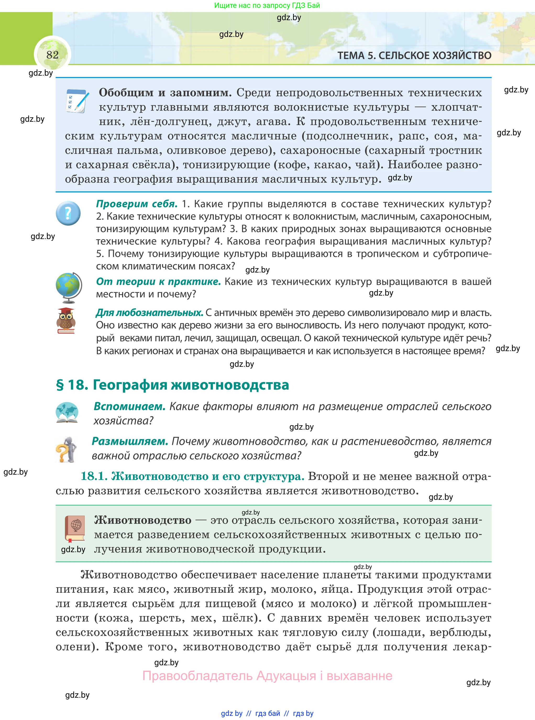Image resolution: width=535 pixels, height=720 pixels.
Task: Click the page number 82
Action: pyautogui.click(x=52, y=55)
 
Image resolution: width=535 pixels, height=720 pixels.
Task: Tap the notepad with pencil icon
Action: pyautogui.click(x=77, y=101)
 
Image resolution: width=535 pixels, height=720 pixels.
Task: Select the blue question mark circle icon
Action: pyautogui.click(x=68, y=213)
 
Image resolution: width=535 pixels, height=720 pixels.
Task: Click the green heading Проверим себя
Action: pyautogui.click(x=137, y=204)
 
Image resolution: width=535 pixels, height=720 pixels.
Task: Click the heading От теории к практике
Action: pyautogui.click(x=158, y=282)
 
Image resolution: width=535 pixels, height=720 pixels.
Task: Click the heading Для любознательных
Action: pyautogui.click(x=149, y=313)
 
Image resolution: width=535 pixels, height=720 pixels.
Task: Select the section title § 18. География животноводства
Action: pyautogui.click(x=172, y=385)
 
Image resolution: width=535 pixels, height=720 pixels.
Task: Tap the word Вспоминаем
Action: pyautogui.click(x=130, y=406)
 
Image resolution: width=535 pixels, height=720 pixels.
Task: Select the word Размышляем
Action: pyautogui.click(x=130, y=441)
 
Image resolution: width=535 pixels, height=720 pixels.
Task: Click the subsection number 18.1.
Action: pyautogui.click(x=94, y=476)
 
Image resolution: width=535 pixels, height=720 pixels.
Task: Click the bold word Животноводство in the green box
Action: pyautogui.click(x=143, y=520)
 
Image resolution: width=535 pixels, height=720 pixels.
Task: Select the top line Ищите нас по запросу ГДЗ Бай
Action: pyautogui.click(x=267, y=5)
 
